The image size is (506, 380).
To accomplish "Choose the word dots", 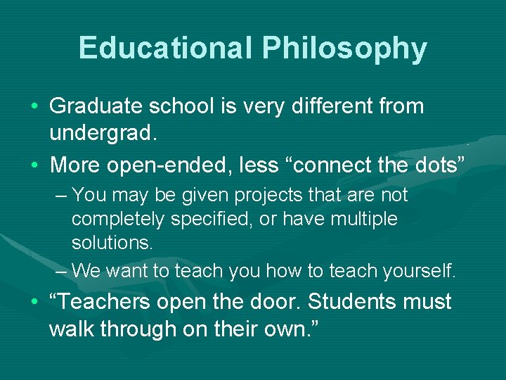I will click(x=441, y=166).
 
